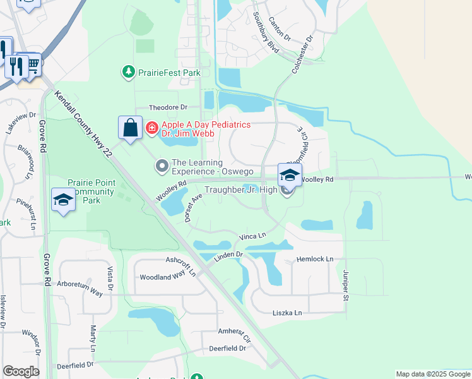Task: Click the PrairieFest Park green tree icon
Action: point(129,73)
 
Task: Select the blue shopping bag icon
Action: point(130,128)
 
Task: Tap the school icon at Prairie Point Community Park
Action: point(63,201)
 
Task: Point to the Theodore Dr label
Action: point(168,108)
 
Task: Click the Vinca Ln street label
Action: point(254,236)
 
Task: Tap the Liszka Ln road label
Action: point(288,313)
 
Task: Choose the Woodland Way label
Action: point(162,277)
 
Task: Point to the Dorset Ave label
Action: point(192,208)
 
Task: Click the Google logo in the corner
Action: point(21,371)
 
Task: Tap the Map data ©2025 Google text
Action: point(433,374)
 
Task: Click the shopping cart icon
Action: point(32,63)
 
